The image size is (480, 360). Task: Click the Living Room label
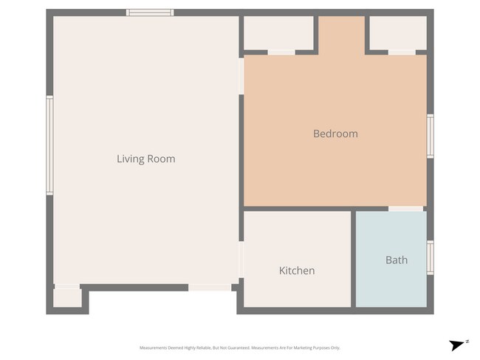[145, 159]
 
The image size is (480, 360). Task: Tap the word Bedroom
[335, 134]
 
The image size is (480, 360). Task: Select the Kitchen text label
[297, 271]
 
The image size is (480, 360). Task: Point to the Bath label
[396, 260]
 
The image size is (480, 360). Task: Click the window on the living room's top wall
[150, 13]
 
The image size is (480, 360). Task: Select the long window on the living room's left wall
[50, 145]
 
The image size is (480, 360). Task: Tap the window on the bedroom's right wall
[430, 136]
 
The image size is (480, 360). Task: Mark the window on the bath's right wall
[430, 257]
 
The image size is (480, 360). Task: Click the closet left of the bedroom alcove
[278, 32]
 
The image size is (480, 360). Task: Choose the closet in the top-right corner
[397, 32]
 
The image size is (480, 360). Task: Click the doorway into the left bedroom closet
[281, 52]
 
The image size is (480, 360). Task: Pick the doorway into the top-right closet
[402, 52]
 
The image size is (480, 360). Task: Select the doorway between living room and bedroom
[241, 76]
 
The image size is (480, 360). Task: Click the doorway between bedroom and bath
[405, 209]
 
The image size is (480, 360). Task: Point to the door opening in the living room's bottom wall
[209, 287]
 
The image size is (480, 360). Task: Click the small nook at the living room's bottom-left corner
[67, 297]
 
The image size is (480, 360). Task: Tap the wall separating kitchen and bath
[353, 258]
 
